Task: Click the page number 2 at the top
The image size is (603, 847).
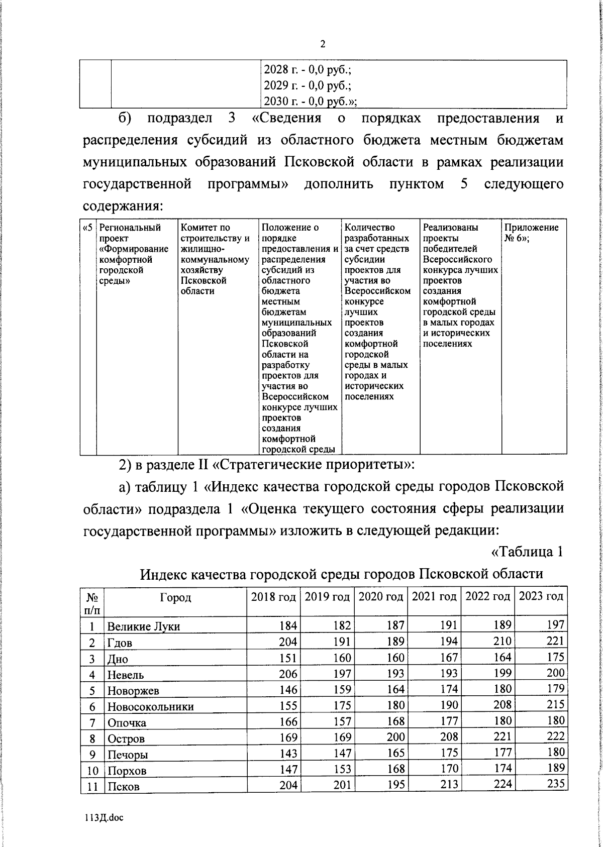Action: (323, 44)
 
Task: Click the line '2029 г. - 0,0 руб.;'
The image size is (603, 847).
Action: (307, 85)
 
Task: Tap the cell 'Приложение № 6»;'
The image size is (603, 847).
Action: (531, 233)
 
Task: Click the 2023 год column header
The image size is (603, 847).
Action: (541, 596)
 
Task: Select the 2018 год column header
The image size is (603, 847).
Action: (273, 596)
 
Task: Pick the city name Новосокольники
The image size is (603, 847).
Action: (150, 706)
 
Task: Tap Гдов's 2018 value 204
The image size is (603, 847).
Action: (288, 642)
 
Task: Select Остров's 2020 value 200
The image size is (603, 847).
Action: (396, 737)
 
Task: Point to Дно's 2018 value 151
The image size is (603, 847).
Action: (288, 658)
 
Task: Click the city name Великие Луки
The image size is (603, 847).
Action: (143, 626)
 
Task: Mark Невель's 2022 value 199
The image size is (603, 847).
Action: (502, 673)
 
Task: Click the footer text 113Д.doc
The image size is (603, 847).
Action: (104, 818)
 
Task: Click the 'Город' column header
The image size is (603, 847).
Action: (175, 597)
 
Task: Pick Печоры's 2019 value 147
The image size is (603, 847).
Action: (342, 753)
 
